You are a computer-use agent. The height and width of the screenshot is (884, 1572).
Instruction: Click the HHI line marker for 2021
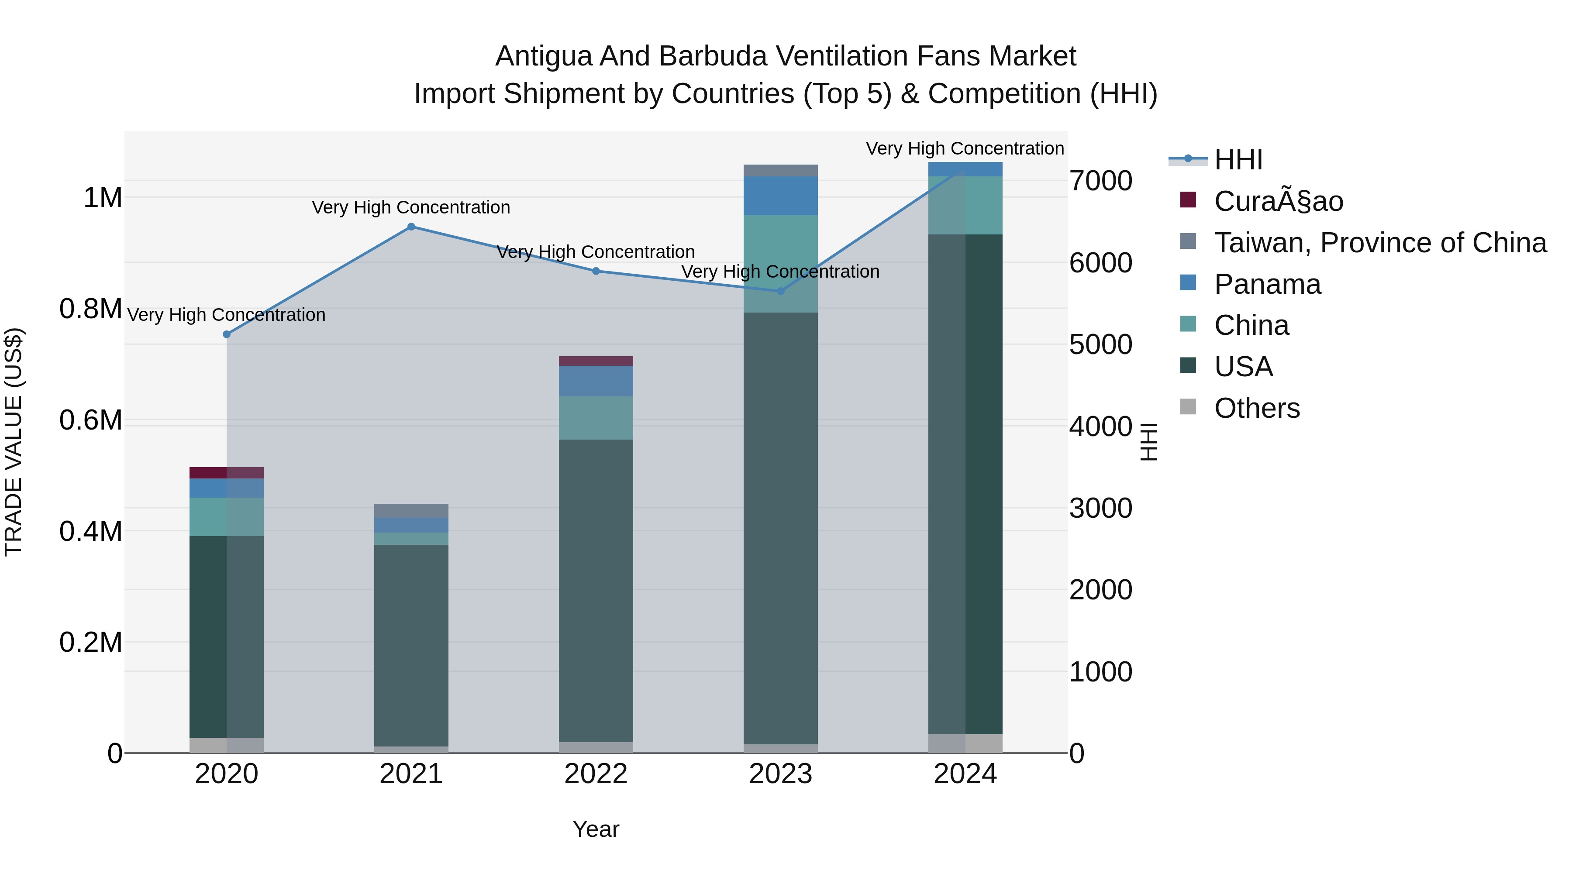tap(411, 227)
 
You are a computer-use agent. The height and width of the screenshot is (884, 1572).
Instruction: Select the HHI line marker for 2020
tap(226, 334)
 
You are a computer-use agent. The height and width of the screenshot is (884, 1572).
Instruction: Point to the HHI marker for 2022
tap(596, 271)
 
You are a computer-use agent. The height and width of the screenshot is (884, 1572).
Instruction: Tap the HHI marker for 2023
tap(780, 291)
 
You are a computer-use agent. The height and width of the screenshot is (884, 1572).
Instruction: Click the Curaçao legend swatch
tap(1188, 200)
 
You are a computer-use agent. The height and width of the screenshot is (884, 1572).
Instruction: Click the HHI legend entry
tap(1238, 160)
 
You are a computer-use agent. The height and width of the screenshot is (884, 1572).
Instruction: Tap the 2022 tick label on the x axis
tap(596, 774)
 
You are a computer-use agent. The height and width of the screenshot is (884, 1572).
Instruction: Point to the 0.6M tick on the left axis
tap(91, 420)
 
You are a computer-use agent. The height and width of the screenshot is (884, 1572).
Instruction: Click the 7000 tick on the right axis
tap(1101, 181)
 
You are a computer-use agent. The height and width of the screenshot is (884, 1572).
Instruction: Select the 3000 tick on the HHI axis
tap(1101, 508)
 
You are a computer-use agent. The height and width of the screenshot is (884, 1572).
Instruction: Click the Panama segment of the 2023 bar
tap(780, 196)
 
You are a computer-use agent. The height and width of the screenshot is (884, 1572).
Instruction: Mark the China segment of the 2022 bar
tap(596, 418)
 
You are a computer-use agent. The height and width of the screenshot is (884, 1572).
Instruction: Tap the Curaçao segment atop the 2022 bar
tap(596, 361)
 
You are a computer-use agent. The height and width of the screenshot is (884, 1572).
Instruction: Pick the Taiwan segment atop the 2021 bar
tap(411, 511)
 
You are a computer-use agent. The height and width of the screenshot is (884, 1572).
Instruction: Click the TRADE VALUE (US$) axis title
tap(14, 442)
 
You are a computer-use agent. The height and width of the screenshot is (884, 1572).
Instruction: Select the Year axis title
tap(596, 829)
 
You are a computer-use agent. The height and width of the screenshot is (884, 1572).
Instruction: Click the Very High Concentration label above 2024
tap(965, 148)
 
